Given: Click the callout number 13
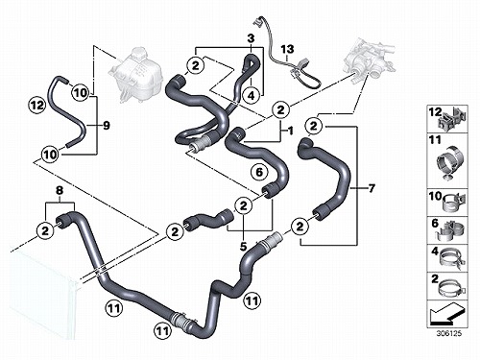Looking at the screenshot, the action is coord(287,50).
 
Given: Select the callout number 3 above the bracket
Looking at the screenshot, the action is coord(251,38).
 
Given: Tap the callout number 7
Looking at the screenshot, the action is coord(371,188).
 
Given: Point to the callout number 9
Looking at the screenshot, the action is coord(107,126).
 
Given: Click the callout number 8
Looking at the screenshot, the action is coord(60,191).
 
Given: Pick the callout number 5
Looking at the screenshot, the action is coord(243,247).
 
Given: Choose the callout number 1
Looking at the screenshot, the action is coord(291,131).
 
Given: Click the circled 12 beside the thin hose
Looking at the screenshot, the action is coord(37,105).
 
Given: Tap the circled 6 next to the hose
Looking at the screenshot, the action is coord(259,172).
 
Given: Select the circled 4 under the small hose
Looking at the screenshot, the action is coord(252,95).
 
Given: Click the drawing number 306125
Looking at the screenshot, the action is coord(449,333).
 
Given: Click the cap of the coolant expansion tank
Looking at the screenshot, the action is coord(138,51).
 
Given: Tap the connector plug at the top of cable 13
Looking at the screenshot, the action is coord(256,21).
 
